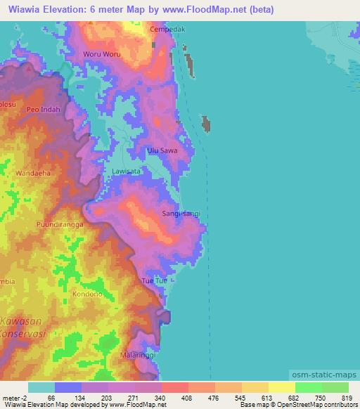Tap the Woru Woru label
pyautogui.click(x=103, y=54)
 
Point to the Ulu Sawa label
pyautogui.click(x=162, y=150)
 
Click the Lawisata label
pyautogui.click(x=127, y=171)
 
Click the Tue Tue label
pyautogui.click(x=155, y=281)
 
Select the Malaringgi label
pyautogui.click(x=137, y=355)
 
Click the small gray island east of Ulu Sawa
pyautogui.click(x=207, y=125)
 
